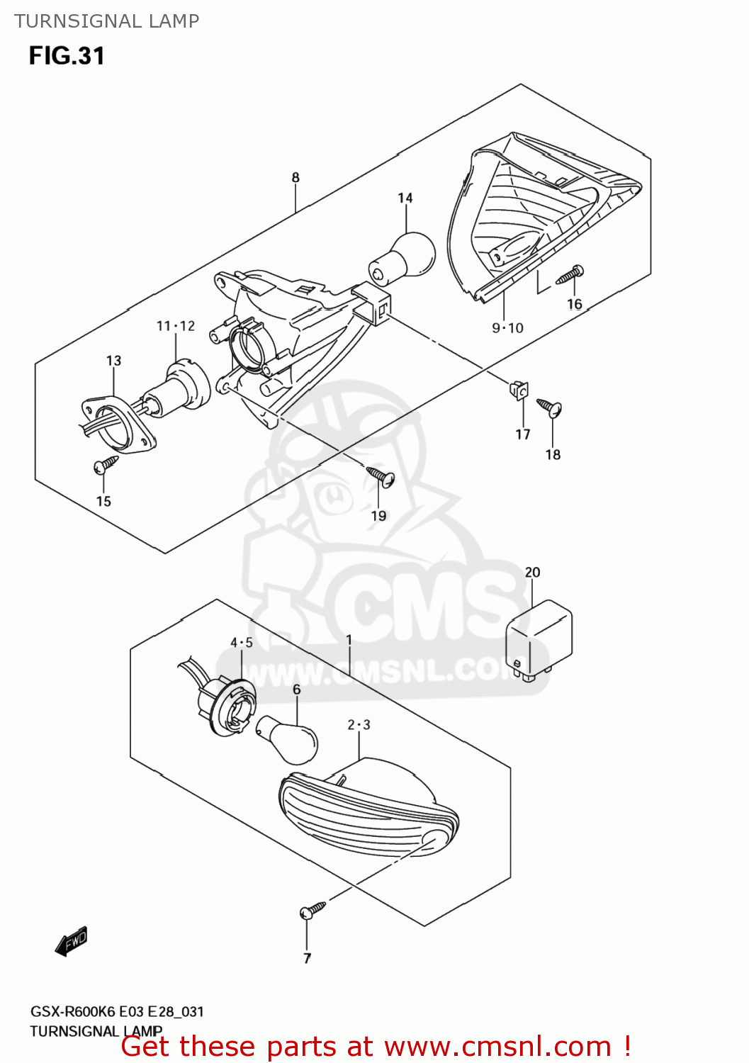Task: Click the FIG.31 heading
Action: click(67, 55)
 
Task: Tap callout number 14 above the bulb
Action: click(405, 198)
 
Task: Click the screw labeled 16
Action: click(570, 275)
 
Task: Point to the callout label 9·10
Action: click(507, 328)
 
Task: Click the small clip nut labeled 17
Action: click(519, 390)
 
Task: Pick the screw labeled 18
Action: click(549, 407)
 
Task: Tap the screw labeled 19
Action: click(381, 476)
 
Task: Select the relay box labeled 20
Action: click(538, 639)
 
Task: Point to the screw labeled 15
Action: click(106, 465)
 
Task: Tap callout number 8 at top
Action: click(295, 178)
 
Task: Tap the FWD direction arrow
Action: click(72, 942)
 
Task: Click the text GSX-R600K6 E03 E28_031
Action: click(117, 1012)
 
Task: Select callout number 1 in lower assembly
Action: click(349, 640)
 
